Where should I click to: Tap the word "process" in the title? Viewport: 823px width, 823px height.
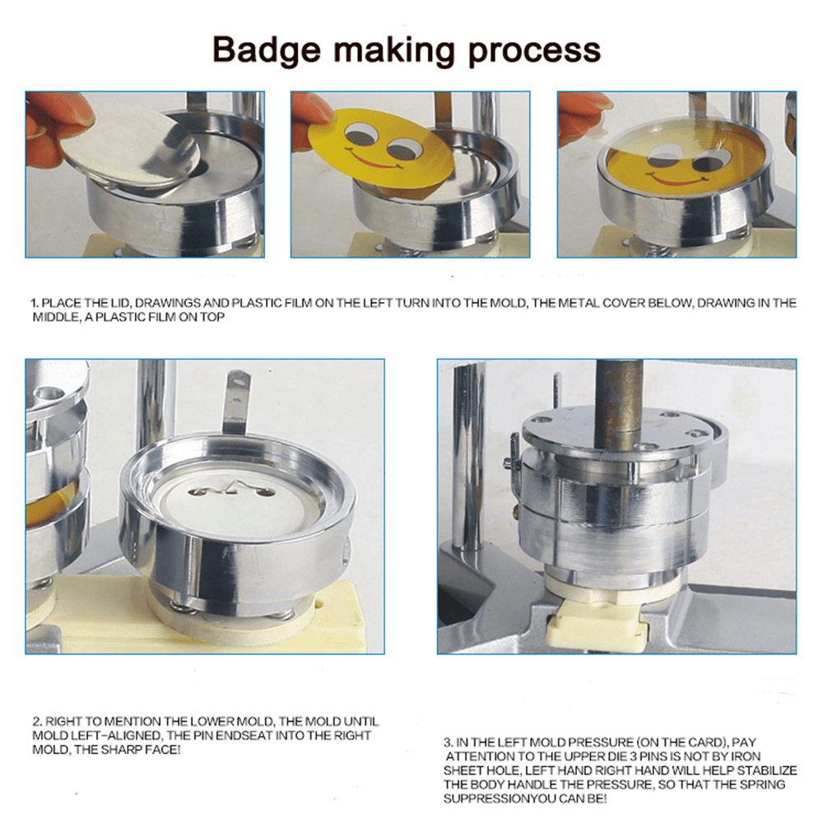coord(534,51)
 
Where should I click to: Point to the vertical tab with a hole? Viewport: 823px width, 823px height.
coord(238,403)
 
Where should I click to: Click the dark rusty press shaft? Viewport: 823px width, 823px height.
coord(621,395)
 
